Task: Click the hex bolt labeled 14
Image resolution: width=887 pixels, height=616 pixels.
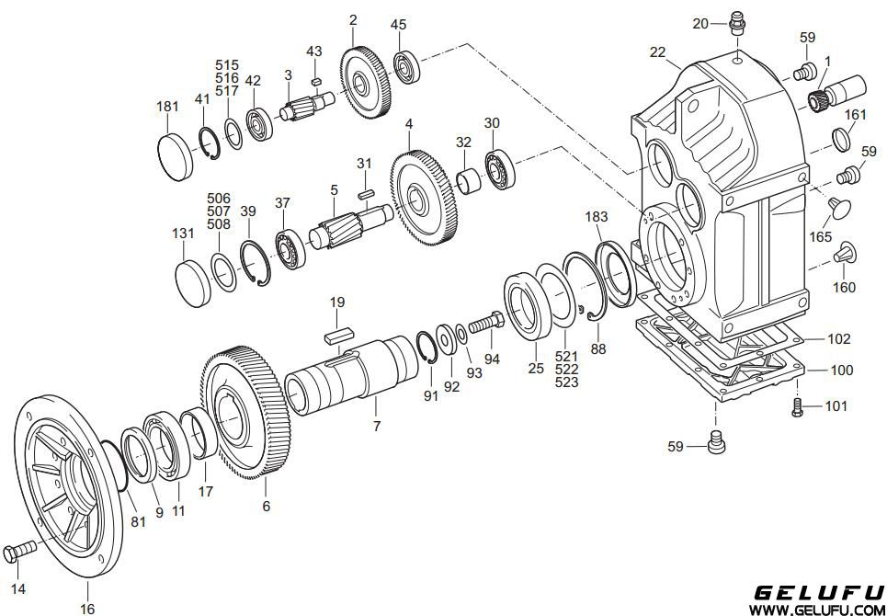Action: [x=19, y=551]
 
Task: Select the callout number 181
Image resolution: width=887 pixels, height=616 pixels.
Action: [x=167, y=107]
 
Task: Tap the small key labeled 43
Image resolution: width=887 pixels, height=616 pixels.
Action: [x=316, y=81]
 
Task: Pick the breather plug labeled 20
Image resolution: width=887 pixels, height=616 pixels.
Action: [x=737, y=23]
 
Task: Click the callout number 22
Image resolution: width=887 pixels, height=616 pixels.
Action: [x=657, y=52]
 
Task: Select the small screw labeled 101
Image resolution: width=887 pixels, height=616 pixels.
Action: [x=798, y=406]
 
